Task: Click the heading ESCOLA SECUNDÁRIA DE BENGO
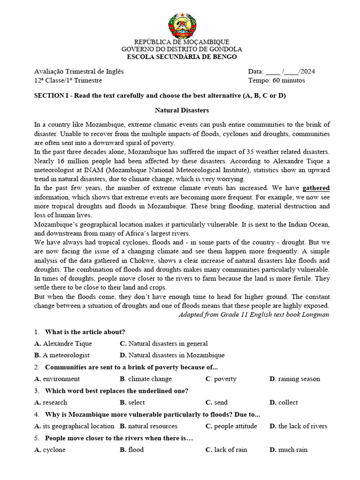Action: point(182,57)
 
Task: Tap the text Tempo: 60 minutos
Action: point(276,80)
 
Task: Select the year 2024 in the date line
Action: point(307,72)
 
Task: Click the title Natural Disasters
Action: point(182,111)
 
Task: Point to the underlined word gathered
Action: point(316,188)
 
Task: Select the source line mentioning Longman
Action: point(254,315)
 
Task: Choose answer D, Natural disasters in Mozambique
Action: point(172,355)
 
